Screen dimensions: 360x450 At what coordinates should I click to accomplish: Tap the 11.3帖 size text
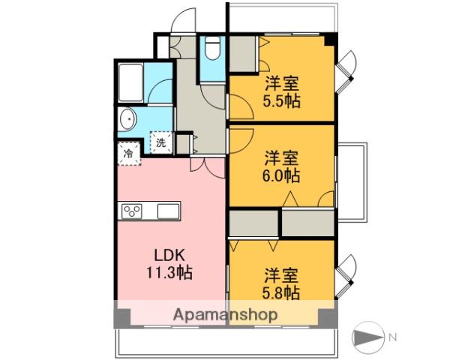[172, 272]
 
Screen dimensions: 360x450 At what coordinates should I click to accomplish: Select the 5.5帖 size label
[282, 100]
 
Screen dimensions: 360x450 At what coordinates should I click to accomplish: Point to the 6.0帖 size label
[282, 176]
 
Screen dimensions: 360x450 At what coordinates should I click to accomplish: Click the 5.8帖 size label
[282, 292]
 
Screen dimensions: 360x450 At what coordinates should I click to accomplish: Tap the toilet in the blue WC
[213, 49]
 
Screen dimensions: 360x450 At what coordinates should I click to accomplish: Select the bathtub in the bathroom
[132, 82]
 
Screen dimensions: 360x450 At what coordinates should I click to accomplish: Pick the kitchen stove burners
[133, 211]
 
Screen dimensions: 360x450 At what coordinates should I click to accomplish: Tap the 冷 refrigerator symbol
[128, 153]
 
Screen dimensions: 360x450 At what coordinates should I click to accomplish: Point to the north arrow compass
[369, 336]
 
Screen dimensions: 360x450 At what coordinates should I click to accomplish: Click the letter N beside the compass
[391, 336]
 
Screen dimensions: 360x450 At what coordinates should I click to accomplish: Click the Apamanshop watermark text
[225, 315]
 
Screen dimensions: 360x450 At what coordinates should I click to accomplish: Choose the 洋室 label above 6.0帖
[282, 159]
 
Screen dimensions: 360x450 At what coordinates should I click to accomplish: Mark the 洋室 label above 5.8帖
[282, 274]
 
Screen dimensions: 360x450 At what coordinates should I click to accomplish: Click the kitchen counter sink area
[166, 211]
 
